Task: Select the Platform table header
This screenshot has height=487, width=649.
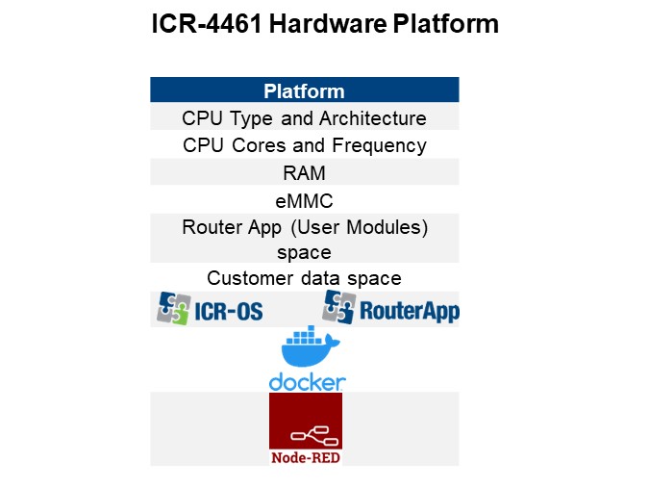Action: tap(304, 91)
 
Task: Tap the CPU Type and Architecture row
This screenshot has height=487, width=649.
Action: tap(304, 118)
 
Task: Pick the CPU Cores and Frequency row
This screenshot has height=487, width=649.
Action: tap(304, 145)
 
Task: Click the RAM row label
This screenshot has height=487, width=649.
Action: tap(304, 172)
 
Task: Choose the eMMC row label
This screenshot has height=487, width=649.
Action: tap(304, 200)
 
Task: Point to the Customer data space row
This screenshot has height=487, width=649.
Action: tap(304, 278)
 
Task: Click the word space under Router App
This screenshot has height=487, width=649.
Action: tap(304, 252)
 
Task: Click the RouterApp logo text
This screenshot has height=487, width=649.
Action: tap(409, 312)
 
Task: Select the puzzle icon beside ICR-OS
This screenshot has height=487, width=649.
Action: tap(173, 308)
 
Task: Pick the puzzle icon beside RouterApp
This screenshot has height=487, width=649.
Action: tap(338, 308)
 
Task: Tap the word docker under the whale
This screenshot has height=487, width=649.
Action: tap(307, 382)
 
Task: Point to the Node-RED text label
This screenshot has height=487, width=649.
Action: tap(306, 457)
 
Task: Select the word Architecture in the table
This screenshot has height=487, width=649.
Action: tap(374, 118)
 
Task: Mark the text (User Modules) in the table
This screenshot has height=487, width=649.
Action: tap(375, 227)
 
